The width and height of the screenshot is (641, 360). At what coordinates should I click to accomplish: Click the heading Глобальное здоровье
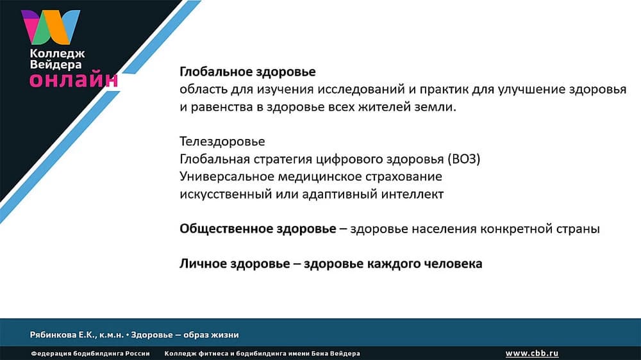(247, 72)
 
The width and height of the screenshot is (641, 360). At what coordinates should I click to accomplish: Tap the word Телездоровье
(222, 142)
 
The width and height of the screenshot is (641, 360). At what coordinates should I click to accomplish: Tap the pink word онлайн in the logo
(74, 80)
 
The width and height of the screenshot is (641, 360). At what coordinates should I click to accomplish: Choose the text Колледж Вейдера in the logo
(57, 60)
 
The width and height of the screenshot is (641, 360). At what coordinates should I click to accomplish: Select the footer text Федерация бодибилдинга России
(90, 354)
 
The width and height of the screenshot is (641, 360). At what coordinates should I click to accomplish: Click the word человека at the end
(454, 263)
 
